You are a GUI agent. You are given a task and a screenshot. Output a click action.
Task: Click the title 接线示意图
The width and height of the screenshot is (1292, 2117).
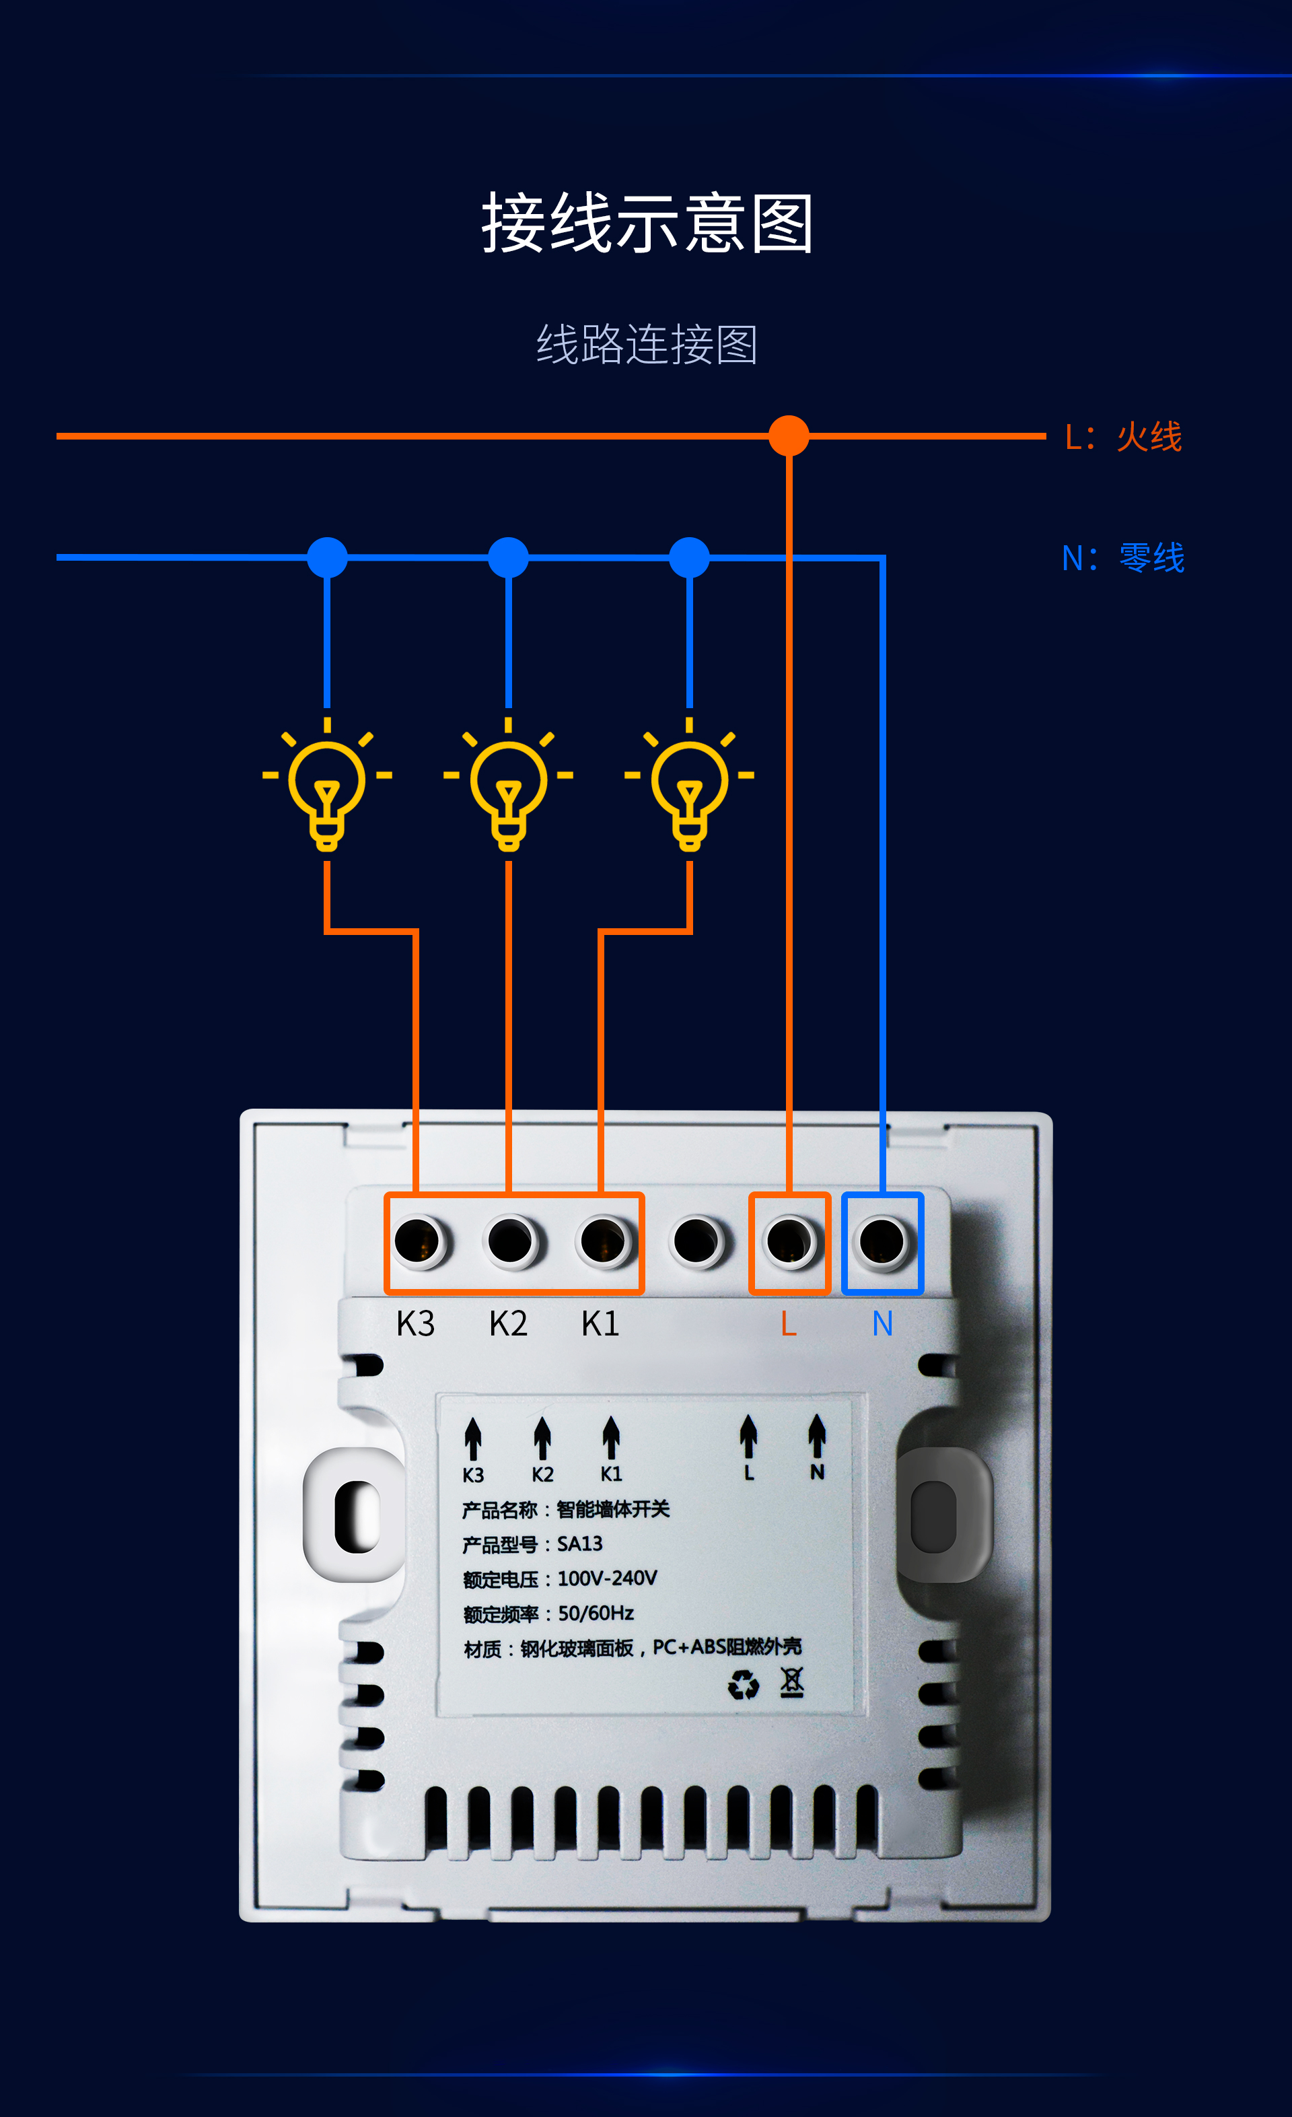pos(647,223)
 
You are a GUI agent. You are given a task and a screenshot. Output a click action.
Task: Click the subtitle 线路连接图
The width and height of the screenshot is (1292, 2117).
pos(647,345)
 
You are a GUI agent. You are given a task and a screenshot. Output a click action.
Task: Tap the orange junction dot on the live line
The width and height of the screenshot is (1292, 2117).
pos(789,436)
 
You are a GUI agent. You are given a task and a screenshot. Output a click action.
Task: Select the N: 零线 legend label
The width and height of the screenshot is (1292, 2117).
pos(1124,557)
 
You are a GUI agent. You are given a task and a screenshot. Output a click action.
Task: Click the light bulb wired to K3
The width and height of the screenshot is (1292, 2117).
pos(327,784)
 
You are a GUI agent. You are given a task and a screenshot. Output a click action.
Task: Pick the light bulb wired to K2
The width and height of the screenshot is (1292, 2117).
pos(509,784)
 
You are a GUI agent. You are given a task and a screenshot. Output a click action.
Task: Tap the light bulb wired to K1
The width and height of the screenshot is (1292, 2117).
pos(689,784)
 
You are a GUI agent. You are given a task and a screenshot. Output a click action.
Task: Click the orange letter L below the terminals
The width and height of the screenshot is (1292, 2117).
pos(789,1324)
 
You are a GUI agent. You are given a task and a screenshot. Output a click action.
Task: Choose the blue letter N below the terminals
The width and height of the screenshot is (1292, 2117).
pos(882,1324)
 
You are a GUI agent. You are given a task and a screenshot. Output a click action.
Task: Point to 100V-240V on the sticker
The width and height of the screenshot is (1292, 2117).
pos(608,1578)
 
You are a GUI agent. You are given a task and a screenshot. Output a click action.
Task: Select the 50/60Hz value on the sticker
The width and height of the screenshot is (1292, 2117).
pos(596,1613)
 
